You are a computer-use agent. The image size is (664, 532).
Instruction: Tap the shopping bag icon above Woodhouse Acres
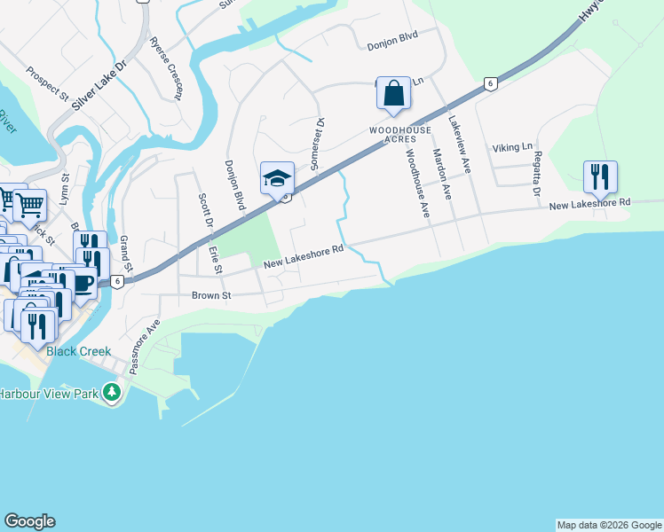(394, 93)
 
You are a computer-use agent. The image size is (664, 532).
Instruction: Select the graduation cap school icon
(277, 178)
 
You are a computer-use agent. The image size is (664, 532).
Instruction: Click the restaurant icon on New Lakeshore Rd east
(601, 177)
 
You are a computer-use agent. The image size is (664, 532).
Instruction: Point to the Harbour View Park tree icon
(111, 392)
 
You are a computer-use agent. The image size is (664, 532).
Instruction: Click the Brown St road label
(211, 295)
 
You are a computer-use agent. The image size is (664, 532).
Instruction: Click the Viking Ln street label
(514, 146)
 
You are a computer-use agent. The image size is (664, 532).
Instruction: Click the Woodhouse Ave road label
(417, 184)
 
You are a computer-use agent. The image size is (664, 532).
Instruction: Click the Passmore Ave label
(145, 346)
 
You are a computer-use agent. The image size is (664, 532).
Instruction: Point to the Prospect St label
(47, 82)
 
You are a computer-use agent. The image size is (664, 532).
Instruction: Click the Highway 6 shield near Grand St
(116, 281)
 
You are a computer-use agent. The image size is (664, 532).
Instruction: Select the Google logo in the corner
(29, 521)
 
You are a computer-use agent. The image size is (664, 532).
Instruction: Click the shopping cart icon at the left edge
(30, 206)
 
